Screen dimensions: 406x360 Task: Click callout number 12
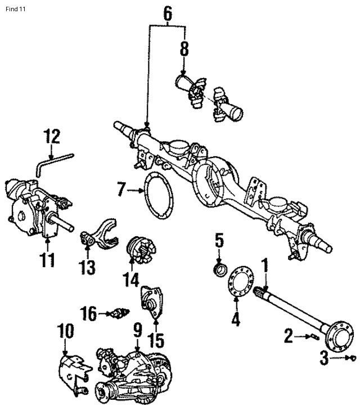[x=52, y=136]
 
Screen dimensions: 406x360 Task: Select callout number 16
[x=89, y=313]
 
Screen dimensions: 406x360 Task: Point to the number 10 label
[x=66, y=331]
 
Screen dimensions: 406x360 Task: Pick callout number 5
[x=219, y=242]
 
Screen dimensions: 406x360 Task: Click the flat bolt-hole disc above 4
[x=241, y=281]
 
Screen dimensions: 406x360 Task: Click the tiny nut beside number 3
[x=350, y=358]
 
